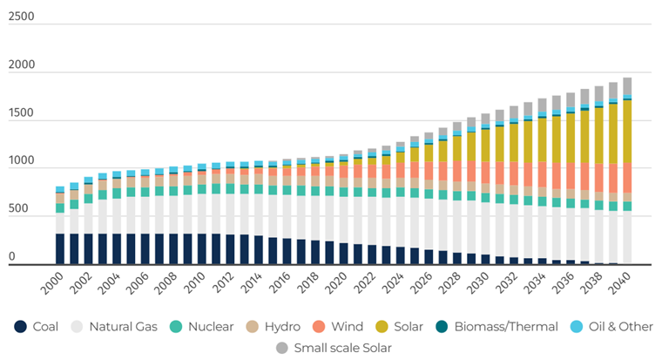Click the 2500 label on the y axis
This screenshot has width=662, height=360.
22,17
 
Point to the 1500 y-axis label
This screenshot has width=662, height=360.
22,113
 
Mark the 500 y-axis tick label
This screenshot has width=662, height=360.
18,210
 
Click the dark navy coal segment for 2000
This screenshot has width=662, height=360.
60,248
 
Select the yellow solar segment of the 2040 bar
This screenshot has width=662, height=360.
627,131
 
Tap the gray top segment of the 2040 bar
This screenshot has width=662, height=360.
627,85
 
